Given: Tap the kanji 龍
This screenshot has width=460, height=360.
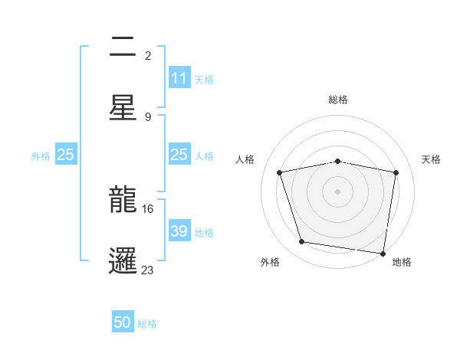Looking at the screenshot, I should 123,201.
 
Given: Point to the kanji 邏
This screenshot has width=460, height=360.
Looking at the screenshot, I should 123,258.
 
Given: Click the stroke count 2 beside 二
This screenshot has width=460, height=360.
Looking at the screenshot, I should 148,55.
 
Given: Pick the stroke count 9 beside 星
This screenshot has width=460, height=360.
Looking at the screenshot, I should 148,116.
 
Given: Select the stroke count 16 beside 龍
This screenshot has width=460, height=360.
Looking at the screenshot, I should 148,208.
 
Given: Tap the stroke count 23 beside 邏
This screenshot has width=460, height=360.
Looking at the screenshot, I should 148,270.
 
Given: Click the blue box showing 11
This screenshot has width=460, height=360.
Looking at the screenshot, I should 179,78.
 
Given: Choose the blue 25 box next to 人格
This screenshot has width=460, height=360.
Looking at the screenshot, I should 179,155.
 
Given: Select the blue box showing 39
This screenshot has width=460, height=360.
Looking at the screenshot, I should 179,231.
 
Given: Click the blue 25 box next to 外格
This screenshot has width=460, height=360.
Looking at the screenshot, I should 66,155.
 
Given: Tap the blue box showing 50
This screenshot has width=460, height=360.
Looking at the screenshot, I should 123,323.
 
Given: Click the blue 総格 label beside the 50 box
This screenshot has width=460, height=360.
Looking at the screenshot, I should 148,324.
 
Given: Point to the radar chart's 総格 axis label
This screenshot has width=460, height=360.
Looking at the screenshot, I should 338,100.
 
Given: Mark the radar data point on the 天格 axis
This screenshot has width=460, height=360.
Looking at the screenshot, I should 396,172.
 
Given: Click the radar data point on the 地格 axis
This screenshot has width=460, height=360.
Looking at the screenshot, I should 383,253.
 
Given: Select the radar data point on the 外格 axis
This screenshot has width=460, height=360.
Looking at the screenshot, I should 302,242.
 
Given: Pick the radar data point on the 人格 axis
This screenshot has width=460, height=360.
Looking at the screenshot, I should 280,172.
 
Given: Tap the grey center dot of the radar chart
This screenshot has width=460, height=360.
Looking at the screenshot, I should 338,191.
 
